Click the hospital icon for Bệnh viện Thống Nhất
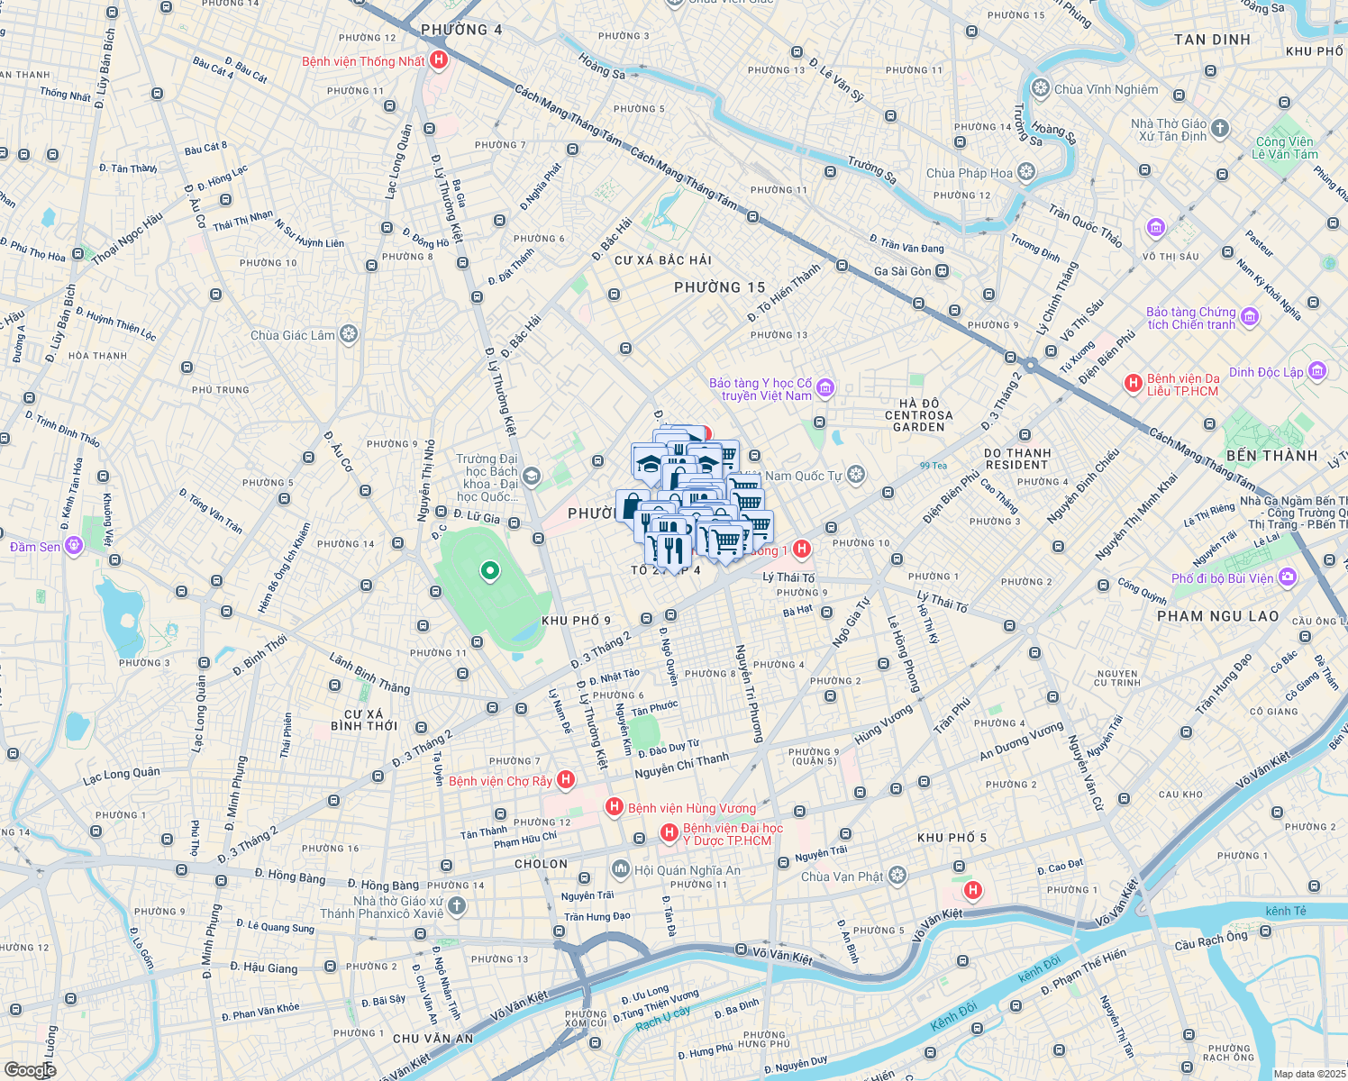tap(439, 60)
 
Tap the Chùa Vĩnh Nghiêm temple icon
tap(1041, 88)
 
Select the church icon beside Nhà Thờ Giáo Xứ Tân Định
tap(1220, 129)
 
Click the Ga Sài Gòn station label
tap(902, 271)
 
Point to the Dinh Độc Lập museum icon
tap(1316, 371)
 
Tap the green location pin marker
tap(490, 570)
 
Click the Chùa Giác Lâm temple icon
tap(349, 335)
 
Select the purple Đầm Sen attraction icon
tap(74, 546)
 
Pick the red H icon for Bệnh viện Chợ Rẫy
tap(566, 780)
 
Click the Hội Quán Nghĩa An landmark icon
tap(620, 869)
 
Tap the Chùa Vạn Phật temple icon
tap(897, 876)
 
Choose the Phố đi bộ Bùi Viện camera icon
tap(1288, 577)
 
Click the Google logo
tap(30, 1069)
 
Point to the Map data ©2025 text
tap(1308, 1074)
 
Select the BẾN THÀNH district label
tap(1271, 456)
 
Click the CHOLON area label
tap(541, 864)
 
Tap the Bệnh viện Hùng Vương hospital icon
tap(615, 807)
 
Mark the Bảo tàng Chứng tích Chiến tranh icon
tap(1249, 317)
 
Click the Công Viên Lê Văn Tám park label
tap(1284, 148)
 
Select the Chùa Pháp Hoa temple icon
tap(1026, 172)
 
